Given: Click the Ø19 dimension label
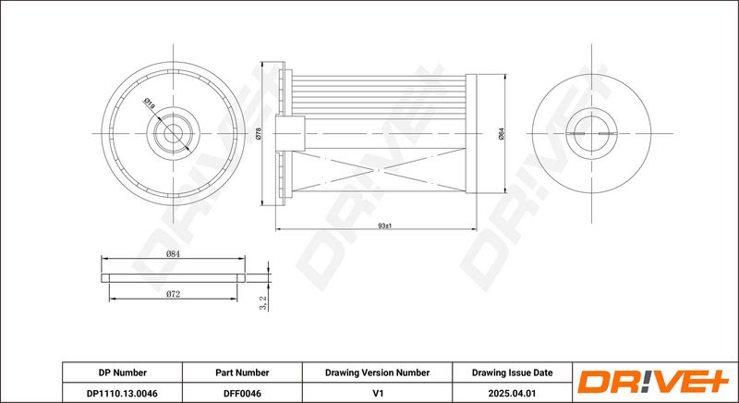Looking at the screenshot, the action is point(150,104).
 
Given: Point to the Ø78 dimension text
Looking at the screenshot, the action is point(258,134).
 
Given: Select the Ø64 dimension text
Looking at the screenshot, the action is point(501,134).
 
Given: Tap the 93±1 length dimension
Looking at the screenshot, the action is point(385,226).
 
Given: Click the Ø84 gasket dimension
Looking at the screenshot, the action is point(173,253).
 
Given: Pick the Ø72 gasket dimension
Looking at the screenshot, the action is point(173,294).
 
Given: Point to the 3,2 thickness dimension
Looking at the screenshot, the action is point(264,303).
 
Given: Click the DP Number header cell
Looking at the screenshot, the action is point(123,372).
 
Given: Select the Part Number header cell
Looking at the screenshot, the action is point(242,372).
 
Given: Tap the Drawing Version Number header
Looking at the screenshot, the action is point(377,372).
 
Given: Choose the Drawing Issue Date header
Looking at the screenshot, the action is point(513,372).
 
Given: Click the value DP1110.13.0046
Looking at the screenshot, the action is point(123,393).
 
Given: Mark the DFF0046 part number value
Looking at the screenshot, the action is point(242,393).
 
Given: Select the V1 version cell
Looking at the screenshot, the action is point(377,393).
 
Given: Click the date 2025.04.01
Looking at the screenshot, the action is point(513,393).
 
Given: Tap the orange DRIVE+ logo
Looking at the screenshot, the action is point(654,382).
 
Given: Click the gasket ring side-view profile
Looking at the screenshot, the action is point(174,278).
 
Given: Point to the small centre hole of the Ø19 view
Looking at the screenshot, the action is point(173,133).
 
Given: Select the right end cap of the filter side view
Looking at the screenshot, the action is point(471,133).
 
